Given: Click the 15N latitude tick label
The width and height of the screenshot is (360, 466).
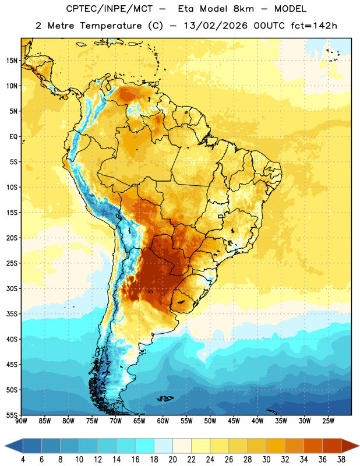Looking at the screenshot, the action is pos(12,61).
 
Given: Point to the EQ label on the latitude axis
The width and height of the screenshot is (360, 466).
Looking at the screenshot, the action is pos(13,137).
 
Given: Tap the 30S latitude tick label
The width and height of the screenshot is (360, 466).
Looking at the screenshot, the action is pos(12,288).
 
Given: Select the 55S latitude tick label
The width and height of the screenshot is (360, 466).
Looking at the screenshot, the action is pos(12,415).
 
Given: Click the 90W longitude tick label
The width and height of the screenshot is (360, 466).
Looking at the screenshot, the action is pos(22,421).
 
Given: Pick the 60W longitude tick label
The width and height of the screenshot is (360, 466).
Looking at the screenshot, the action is pos(163,421).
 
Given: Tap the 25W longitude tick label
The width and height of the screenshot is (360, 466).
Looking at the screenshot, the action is pos(328,421).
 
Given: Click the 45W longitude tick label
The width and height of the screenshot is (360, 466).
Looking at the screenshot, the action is pos(234,421).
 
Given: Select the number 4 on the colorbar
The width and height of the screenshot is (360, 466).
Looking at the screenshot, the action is pos(23,460).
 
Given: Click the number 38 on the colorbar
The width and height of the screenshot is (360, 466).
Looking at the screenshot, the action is pos(341,460).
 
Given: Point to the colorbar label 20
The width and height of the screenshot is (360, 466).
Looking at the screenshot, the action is pos(172,460).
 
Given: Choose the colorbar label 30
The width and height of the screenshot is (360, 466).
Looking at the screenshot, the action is pos(266,460).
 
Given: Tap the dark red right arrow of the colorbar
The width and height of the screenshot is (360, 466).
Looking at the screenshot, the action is pos(350,446).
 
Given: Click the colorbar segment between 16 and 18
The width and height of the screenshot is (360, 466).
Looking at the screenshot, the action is pos(145,446).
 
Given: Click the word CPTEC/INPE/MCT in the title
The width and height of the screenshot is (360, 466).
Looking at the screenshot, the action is pos(110,9).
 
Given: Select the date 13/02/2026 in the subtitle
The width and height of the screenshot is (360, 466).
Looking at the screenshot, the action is pos(216,26).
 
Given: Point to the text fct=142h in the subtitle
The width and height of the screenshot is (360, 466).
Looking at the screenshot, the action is pos(314,26).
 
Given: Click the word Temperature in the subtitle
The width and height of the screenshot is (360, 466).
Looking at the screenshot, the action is pos(111,26).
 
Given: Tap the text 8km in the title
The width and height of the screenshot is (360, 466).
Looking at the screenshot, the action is pos(243,9).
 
